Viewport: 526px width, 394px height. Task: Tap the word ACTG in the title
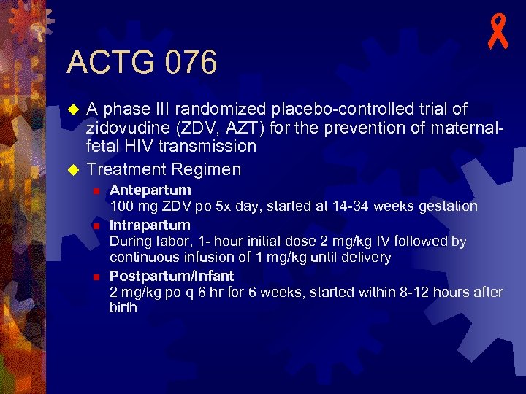[106, 63]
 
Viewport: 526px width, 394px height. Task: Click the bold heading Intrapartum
[150, 225]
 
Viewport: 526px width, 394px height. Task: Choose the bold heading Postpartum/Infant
[172, 277]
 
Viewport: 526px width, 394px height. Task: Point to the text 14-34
[351, 207]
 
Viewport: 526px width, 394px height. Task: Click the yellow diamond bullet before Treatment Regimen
[72, 170]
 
